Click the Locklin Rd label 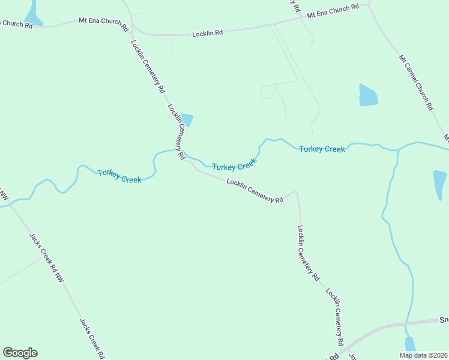click(208, 34)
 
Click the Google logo click(20, 353)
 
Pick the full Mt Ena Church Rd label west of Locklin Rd click(104, 23)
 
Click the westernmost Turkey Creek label click(119, 176)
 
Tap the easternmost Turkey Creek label click(322, 149)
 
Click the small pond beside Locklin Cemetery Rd click(188, 120)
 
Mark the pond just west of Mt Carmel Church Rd click(367, 95)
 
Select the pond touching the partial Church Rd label click(32, 13)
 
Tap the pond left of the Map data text click(410, 344)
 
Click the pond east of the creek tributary click(439, 184)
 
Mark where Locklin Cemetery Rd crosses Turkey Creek click(184, 153)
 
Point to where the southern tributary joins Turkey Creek click(397, 149)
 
